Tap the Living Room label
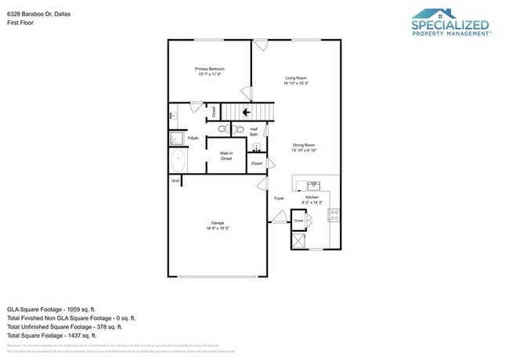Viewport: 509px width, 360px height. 296,79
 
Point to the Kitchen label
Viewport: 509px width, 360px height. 323,199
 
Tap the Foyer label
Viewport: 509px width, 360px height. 279,199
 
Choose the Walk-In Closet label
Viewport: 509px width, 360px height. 226,156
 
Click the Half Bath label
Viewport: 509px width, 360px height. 254,132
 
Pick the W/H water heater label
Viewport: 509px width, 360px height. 175,181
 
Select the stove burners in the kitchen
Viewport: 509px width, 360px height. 334,213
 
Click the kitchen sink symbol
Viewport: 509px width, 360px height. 313,185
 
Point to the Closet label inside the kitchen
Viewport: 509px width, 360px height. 298,221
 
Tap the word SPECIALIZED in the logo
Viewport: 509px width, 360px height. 449,25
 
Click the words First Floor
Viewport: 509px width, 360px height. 20,23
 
